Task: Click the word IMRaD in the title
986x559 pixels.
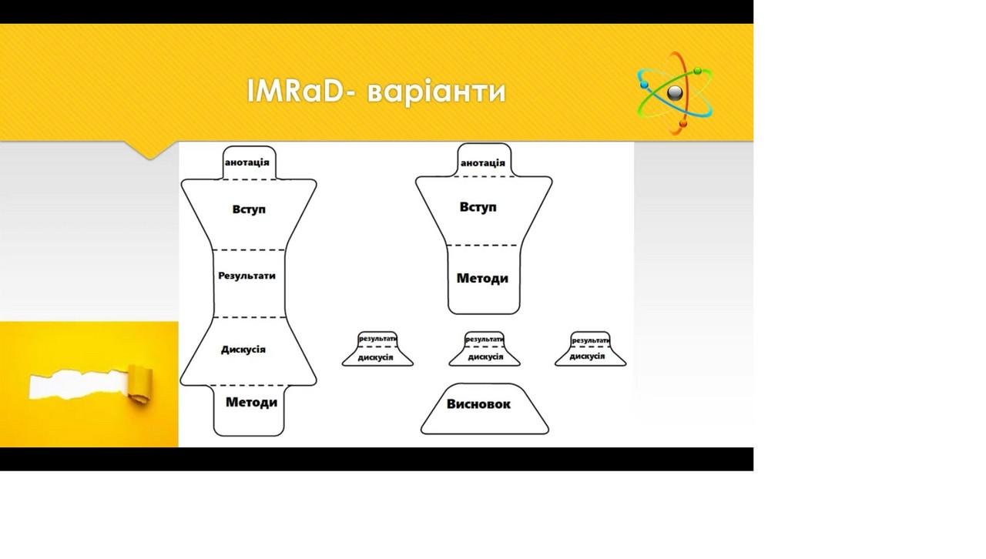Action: [x=295, y=91]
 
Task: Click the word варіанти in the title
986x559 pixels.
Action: [x=437, y=92]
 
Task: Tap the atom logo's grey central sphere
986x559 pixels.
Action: [x=675, y=93]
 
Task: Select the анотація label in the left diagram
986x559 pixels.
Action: [x=247, y=162]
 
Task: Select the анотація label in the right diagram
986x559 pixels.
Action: [x=483, y=163]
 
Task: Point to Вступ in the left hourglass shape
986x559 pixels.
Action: [x=249, y=209]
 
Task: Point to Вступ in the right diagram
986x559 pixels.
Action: [x=478, y=207]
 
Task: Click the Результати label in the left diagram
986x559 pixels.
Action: [x=246, y=276]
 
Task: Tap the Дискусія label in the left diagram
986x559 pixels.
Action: [x=243, y=350]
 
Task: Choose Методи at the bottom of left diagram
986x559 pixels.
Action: [x=251, y=402]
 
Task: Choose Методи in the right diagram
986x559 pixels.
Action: [x=482, y=278]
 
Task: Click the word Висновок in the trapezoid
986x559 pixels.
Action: [x=478, y=404]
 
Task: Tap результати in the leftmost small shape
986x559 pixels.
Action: [x=377, y=339]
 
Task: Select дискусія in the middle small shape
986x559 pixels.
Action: [x=485, y=357]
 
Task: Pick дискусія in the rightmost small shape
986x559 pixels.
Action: [x=587, y=356]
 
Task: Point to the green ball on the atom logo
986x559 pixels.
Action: [x=697, y=71]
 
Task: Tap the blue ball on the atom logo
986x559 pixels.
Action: [x=645, y=85]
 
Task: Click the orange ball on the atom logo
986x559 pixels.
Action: [x=682, y=124]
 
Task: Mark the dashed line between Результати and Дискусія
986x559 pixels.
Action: [x=250, y=317]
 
